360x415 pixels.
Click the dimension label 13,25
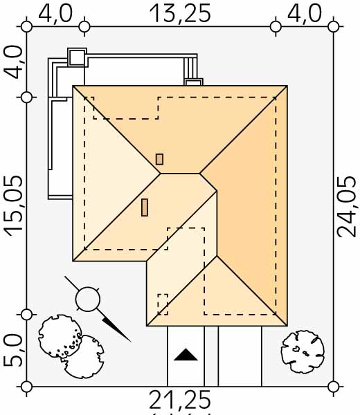(180, 13)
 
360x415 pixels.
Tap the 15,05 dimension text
(13, 205)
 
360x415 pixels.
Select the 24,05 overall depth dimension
(346, 206)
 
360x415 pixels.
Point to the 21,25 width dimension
(180, 400)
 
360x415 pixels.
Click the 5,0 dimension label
(13, 351)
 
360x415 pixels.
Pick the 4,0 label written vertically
(13, 62)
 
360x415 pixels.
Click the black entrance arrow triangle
(186, 355)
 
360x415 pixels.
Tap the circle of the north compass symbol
(88, 299)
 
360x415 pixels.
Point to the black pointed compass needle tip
(131, 342)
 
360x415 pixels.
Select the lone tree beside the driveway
(303, 351)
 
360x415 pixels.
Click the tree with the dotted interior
(60, 336)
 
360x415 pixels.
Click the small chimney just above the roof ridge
(159, 159)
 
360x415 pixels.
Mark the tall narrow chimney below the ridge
(145, 207)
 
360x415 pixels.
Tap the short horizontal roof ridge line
(180, 174)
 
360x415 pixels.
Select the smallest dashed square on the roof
(163, 304)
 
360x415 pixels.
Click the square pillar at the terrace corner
(77, 57)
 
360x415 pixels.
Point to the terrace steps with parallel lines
(190, 68)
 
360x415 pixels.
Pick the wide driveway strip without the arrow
(240, 356)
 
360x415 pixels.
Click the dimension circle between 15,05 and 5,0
(26, 315)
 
